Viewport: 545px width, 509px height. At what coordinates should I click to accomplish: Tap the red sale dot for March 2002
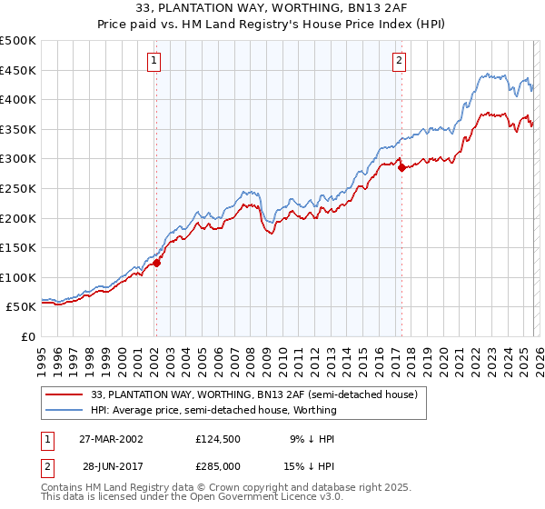pyautogui.click(x=156, y=264)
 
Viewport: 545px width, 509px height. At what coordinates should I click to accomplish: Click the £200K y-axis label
pyautogui.click(x=18, y=218)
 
